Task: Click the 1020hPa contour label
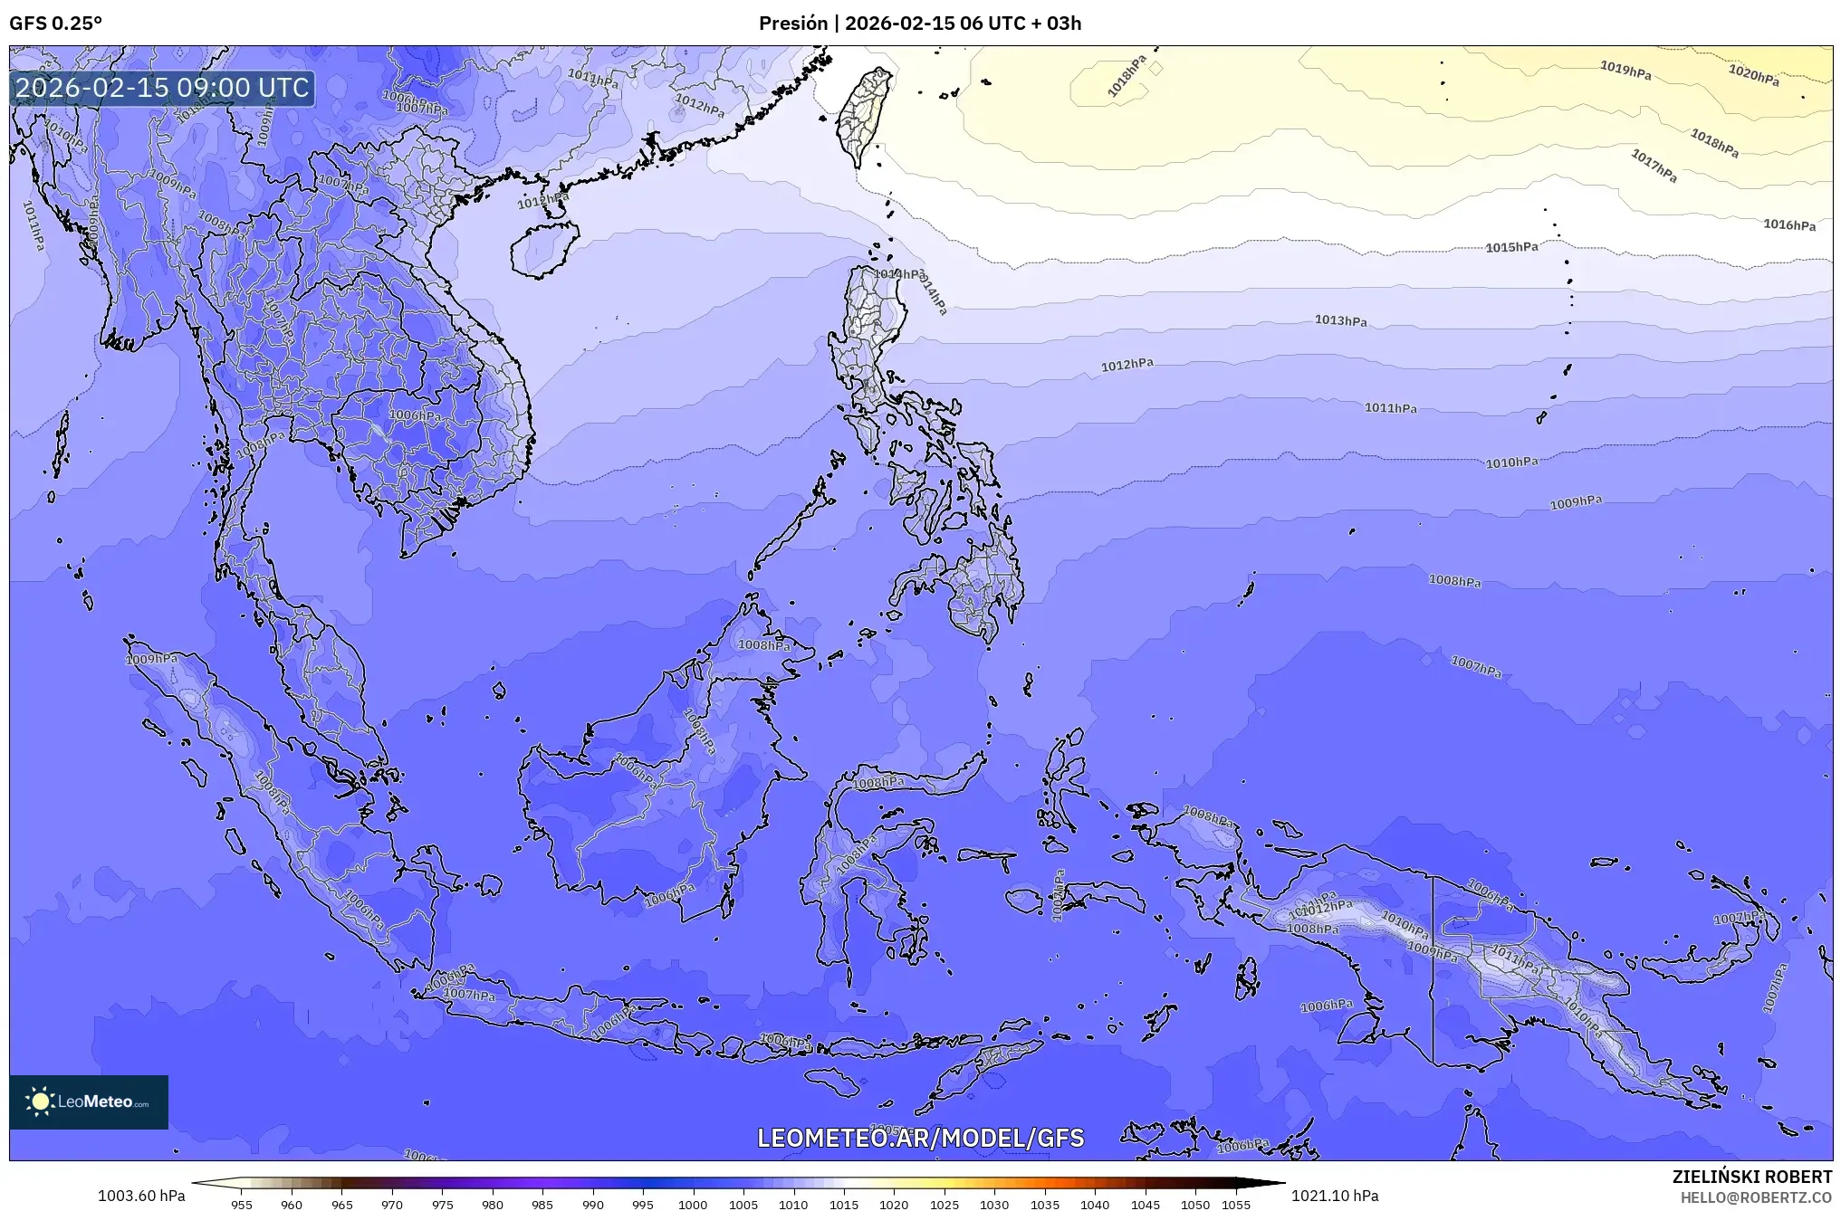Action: [x=1753, y=75]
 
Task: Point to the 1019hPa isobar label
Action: [x=1625, y=70]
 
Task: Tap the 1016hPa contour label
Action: [x=1788, y=224]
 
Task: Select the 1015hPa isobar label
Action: [x=1511, y=247]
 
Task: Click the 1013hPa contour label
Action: [x=1340, y=320]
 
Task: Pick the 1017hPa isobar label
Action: [x=1654, y=166]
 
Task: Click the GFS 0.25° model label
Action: [x=55, y=24]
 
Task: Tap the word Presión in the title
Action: [x=791, y=24]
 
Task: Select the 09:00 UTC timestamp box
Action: [x=163, y=88]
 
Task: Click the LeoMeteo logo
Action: [x=89, y=1101]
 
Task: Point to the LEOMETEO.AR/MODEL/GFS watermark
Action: [x=920, y=1138]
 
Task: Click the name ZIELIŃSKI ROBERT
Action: [x=1751, y=1177]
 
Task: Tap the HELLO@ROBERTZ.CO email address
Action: [x=1756, y=1197]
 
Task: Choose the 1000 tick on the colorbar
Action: [x=693, y=1205]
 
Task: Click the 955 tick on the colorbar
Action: [x=242, y=1205]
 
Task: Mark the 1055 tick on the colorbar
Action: [x=1235, y=1205]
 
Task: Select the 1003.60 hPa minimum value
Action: [x=141, y=1196]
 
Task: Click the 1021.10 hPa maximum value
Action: [x=1335, y=1196]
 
